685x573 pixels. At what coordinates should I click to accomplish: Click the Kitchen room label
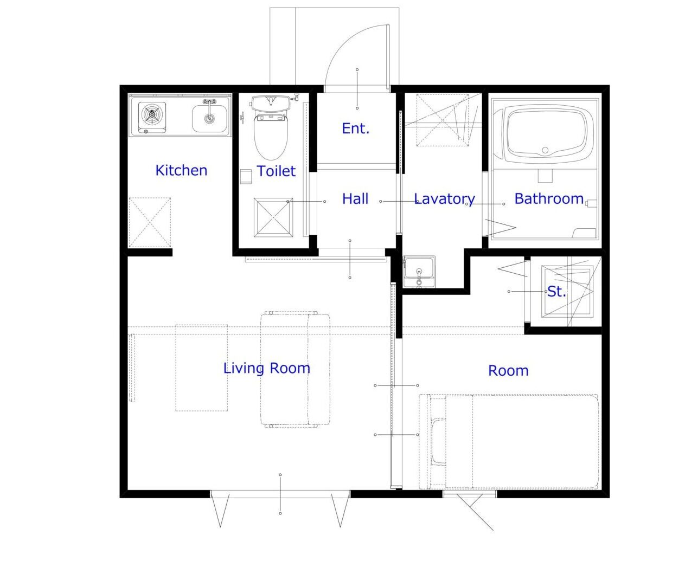click(x=182, y=171)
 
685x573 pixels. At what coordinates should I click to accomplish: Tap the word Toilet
click(x=276, y=171)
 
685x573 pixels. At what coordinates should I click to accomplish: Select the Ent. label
click(x=356, y=128)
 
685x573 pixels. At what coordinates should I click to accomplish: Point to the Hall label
click(x=355, y=199)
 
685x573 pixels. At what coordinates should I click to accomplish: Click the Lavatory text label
click(x=445, y=199)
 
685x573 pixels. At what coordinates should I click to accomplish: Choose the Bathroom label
click(x=549, y=199)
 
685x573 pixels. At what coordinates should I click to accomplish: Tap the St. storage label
click(x=556, y=291)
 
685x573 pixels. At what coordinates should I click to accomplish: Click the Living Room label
click(x=267, y=368)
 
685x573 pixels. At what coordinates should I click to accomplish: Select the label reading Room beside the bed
click(x=508, y=371)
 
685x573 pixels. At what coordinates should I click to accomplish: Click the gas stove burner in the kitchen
click(x=152, y=114)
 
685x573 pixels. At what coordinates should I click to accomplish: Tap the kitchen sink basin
click(x=209, y=118)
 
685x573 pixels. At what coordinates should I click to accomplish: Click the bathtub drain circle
click(x=545, y=150)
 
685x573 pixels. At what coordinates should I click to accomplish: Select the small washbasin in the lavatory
click(x=419, y=271)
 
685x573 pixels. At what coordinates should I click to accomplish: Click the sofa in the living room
click(x=295, y=369)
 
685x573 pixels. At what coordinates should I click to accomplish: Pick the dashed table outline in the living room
click(x=201, y=368)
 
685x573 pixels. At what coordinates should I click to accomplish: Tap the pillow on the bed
click(x=439, y=441)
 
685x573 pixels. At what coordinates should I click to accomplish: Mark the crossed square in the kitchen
click(x=150, y=222)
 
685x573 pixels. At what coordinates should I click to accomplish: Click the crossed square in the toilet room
click(x=273, y=217)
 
